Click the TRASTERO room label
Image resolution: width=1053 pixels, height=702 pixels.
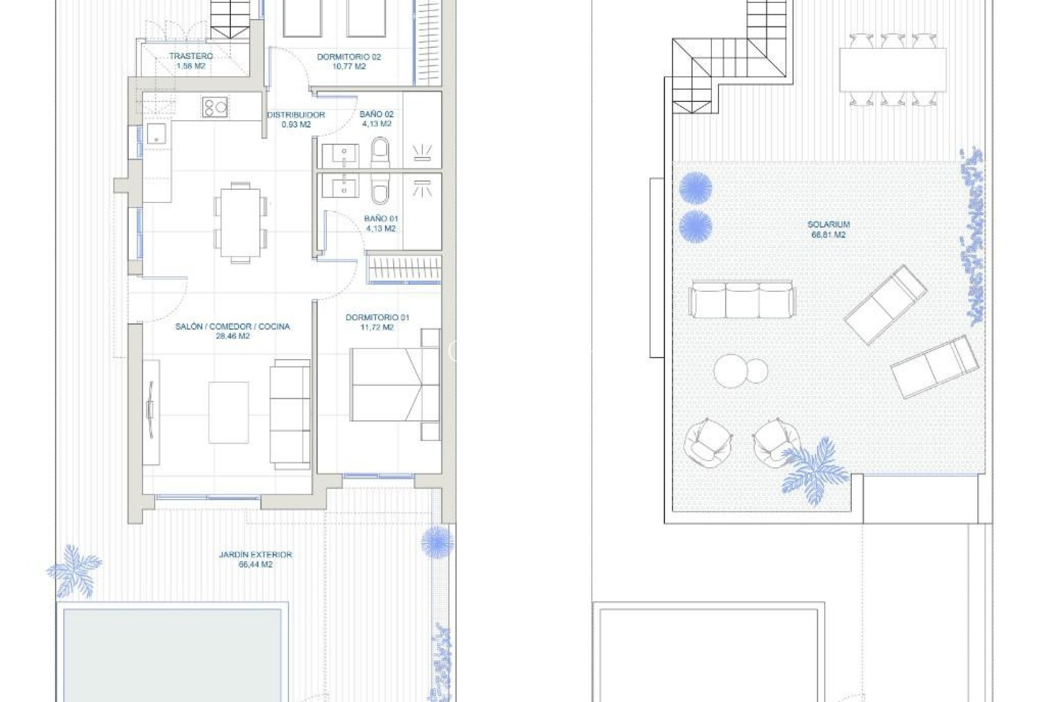click(x=190, y=56)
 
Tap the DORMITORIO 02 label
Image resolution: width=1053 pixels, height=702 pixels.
click(x=349, y=56)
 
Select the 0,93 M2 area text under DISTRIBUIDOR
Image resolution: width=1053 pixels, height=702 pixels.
click(x=296, y=124)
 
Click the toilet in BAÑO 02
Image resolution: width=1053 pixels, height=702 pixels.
click(x=380, y=152)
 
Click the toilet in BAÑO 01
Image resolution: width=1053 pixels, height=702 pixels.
click(x=380, y=190)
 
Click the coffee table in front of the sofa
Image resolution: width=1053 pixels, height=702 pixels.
click(x=229, y=412)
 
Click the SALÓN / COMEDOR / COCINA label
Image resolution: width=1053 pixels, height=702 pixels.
click(x=233, y=326)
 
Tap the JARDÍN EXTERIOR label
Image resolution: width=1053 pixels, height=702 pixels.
click(x=255, y=554)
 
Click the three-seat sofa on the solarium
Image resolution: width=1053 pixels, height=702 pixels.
click(x=742, y=299)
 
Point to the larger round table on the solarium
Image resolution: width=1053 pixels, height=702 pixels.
click(x=731, y=371)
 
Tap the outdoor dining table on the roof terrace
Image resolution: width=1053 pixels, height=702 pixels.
click(x=892, y=70)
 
